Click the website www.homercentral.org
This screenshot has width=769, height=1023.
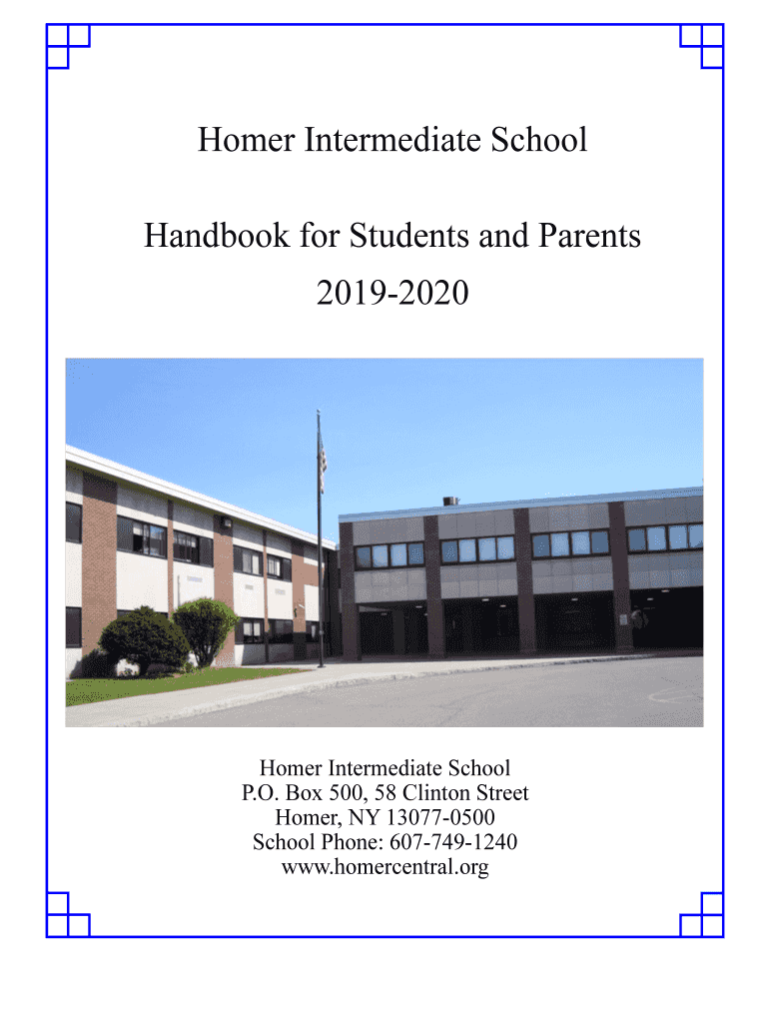point(384,867)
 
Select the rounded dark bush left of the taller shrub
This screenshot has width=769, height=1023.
point(144,638)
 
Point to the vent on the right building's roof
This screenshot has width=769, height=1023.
point(451,500)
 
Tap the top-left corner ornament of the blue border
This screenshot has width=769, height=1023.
point(68,46)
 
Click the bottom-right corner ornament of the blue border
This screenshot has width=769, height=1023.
point(701,915)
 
